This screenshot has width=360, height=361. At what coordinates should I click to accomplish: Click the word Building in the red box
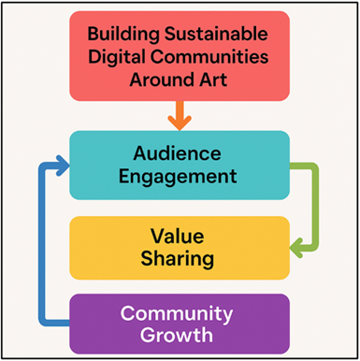[122, 35]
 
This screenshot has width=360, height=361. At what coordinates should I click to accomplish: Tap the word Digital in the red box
[119, 58]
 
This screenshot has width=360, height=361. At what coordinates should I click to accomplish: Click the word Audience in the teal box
[179, 152]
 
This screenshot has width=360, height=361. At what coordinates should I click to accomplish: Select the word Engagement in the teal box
[179, 175]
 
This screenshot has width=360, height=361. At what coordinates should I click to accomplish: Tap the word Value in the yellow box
[179, 235]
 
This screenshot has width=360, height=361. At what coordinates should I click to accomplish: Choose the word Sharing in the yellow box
[179, 258]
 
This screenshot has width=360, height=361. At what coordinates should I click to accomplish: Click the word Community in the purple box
[179, 313]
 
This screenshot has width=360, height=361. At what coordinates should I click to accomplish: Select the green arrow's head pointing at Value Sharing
[298, 248]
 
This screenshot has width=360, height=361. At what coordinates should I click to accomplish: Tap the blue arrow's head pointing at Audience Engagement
[61, 167]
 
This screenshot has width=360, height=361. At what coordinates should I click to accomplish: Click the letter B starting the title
[94, 35]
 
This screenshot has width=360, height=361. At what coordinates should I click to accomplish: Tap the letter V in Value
[156, 235]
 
